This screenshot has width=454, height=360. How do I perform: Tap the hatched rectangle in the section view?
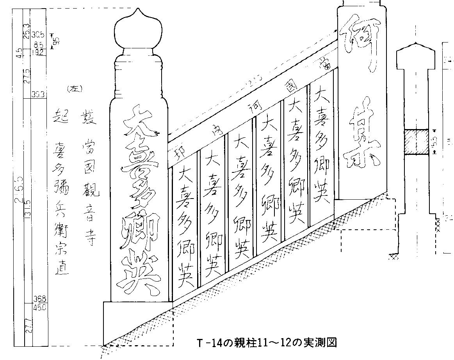417,142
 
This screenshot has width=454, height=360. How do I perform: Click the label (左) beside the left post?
74,89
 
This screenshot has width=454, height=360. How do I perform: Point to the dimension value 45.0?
40,307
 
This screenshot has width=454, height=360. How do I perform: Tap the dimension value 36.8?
40,299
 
